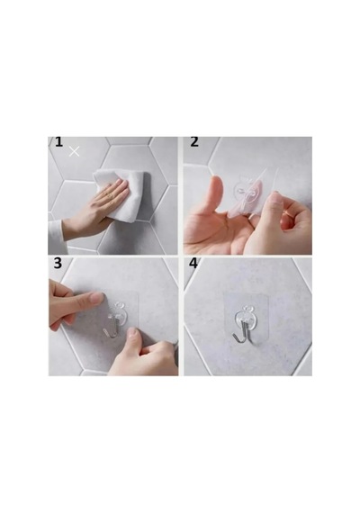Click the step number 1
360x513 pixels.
pyautogui.click(x=58, y=142)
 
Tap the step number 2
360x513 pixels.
pyautogui.click(x=194, y=142)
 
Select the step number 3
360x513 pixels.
pyautogui.click(x=58, y=263)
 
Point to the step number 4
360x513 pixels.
pyautogui.click(x=193, y=263)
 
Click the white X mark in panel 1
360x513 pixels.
pyautogui.click(x=75, y=151)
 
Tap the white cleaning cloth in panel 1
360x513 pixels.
pyautogui.click(x=122, y=194)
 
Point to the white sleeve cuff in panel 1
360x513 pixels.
pyautogui.click(x=57, y=234)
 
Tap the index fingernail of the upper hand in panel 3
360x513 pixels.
pyautogui.click(x=97, y=297)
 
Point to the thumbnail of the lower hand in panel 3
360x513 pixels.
pyautogui.click(x=132, y=333)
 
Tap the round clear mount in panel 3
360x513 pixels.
pyautogui.click(x=118, y=312)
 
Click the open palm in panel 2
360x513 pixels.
pyautogui.click(x=212, y=228)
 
